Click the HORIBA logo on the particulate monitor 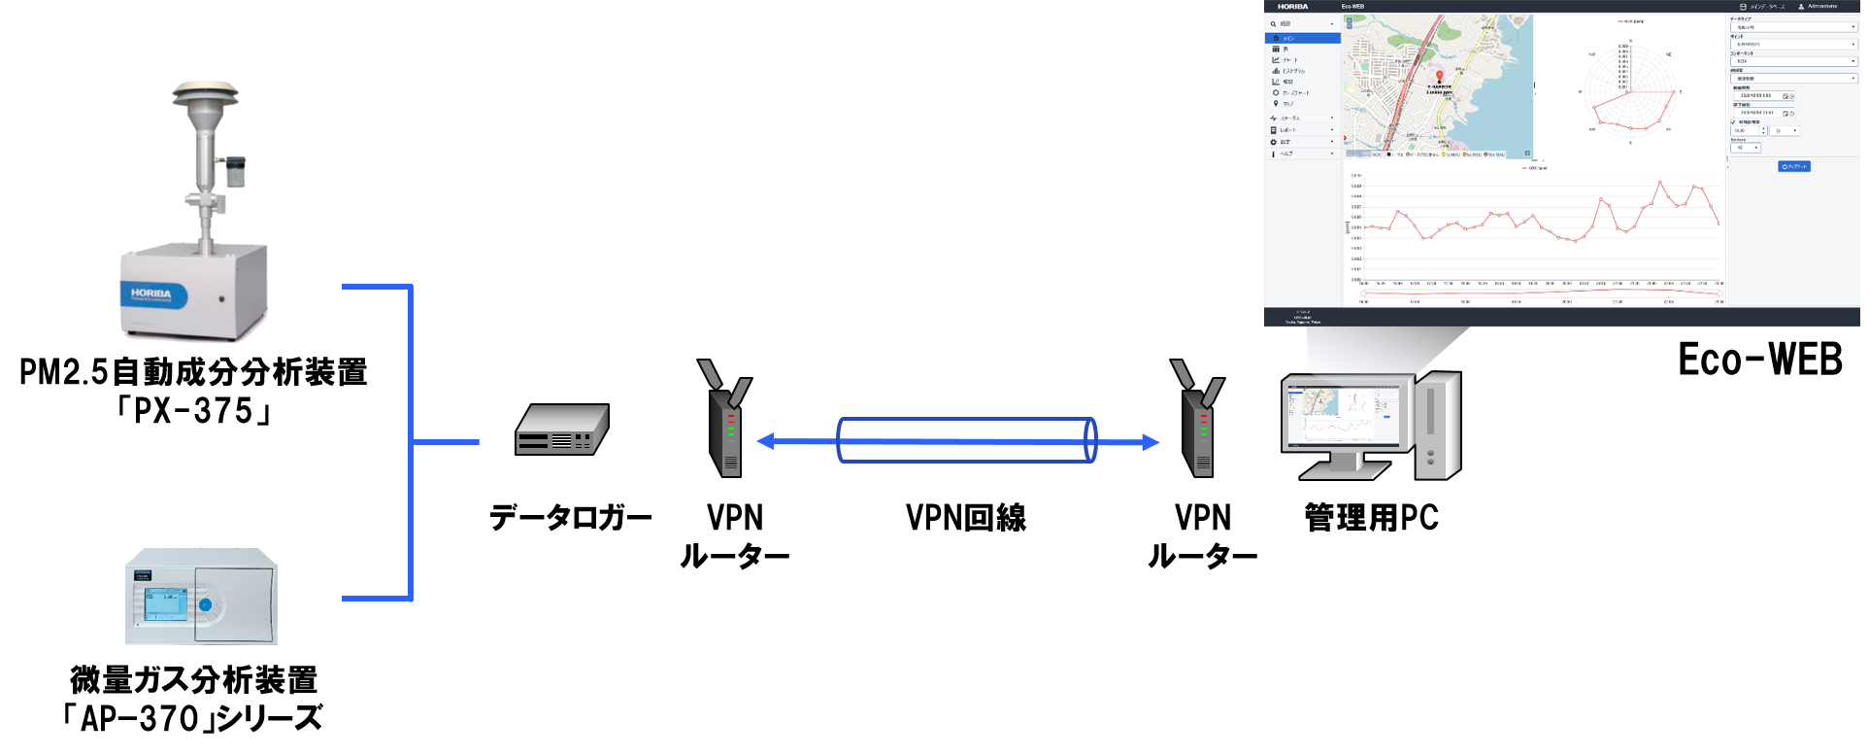[151, 293]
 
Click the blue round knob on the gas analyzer [205, 605]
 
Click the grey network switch [561, 430]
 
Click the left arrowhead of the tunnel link [765, 442]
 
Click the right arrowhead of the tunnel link [1151, 443]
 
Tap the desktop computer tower [1437, 426]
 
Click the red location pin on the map [1440, 76]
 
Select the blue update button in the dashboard [1794, 166]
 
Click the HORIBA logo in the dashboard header [1292, 7]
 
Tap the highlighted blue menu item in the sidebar [1303, 38]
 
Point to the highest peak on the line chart [1660, 182]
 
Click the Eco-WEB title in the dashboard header [1352, 7]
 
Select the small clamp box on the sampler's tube [234, 172]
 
